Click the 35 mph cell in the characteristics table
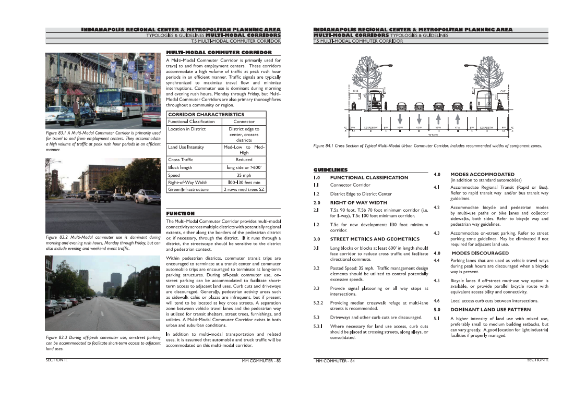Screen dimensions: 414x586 click(244, 176)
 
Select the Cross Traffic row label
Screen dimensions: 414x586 click(181, 160)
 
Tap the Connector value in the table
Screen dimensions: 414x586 click(244, 121)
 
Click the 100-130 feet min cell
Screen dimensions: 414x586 click(244, 182)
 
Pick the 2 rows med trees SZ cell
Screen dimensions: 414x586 click(244, 189)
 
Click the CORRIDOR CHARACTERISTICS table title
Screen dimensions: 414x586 click(206, 114)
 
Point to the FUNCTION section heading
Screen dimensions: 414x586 click(180, 214)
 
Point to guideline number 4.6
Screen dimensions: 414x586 click(437, 301)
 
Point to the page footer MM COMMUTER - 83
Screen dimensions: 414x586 click(261, 360)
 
